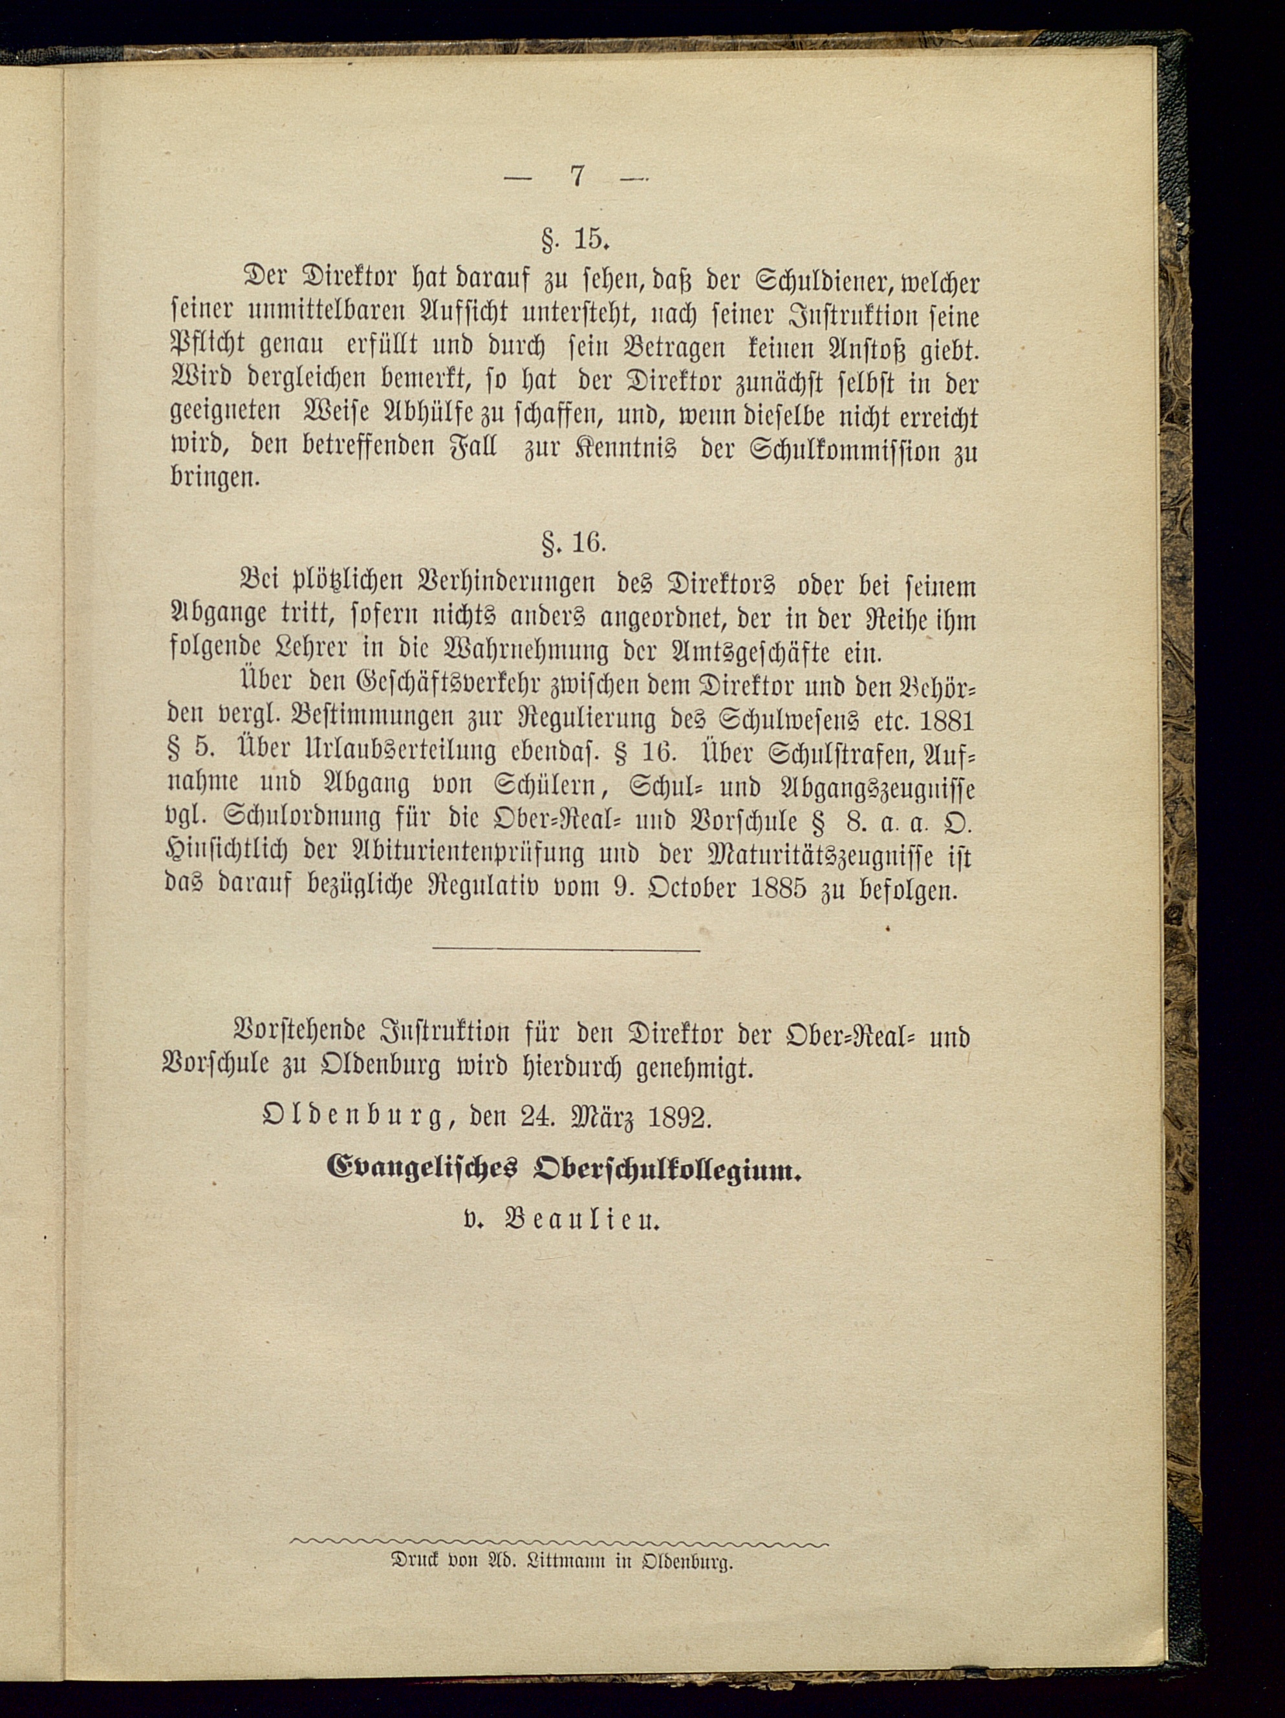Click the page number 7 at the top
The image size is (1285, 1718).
pyautogui.click(x=576, y=177)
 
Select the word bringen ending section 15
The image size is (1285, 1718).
pyautogui.click(x=211, y=480)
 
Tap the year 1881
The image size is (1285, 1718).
pyautogui.click(x=945, y=722)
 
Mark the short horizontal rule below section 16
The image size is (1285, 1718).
pyautogui.click(x=567, y=949)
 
